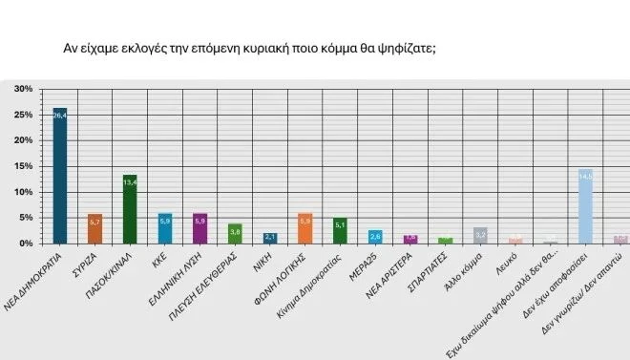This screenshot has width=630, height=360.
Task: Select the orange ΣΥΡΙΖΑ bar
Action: tap(94, 229)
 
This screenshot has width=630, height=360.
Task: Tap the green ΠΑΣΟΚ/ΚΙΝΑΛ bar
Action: tap(130, 210)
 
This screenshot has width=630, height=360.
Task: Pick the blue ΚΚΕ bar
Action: tap(165, 229)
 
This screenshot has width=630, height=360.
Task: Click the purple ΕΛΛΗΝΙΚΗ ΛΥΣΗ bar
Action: tap(200, 229)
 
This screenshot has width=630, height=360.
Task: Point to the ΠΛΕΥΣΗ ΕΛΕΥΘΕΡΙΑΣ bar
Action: tap(235, 234)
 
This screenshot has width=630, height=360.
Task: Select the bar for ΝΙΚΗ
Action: tap(270, 238)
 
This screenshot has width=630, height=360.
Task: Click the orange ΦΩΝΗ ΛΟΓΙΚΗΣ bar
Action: tap(305, 229)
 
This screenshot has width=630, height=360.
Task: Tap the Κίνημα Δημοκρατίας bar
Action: tap(340, 231)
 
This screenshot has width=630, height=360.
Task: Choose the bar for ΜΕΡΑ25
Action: tap(375, 237)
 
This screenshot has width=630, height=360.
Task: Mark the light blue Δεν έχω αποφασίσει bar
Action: tap(585, 206)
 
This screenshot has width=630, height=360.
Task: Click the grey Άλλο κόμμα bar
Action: tap(480, 236)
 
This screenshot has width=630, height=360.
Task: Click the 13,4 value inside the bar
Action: tap(130, 180)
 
